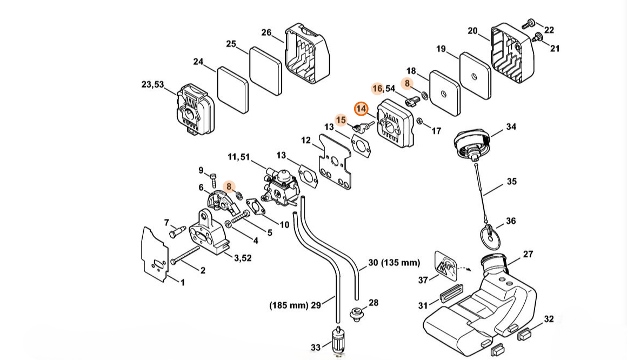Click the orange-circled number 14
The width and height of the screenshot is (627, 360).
pyautogui.click(x=361, y=109)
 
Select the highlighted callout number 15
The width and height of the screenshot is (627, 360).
pyautogui.click(x=341, y=120)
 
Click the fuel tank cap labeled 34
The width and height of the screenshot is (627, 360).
pyautogui.click(x=472, y=143)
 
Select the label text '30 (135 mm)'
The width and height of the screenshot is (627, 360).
pyautogui.click(x=394, y=263)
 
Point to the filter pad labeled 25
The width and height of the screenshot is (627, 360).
pyautogui.click(x=266, y=71)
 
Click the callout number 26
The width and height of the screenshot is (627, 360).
pyautogui.click(x=266, y=32)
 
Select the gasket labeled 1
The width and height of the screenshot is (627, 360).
pyautogui.click(x=155, y=255)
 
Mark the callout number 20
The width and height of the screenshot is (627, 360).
pyautogui.click(x=472, y=31)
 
